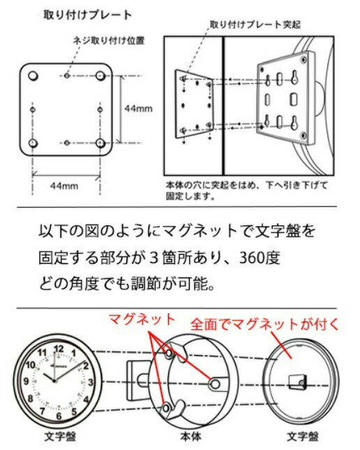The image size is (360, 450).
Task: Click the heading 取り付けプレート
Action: coord(87,15)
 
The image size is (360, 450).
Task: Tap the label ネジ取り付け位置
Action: coord(109,40)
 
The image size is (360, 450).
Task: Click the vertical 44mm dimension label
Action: coord(138,108)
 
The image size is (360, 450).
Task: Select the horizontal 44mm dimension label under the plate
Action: coord(64,186)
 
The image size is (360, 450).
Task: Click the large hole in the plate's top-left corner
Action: coord(33,76)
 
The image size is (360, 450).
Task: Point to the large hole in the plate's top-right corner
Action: coord(100,76)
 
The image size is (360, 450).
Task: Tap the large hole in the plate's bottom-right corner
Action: coord(100,142)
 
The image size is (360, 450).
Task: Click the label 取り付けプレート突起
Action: coord(255,24)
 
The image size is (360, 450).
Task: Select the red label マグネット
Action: coord(142,320)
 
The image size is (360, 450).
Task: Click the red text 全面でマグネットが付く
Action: coord(264,324)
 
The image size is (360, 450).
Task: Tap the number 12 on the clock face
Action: coord(59,349)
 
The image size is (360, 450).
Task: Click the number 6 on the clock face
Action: coord(59,416)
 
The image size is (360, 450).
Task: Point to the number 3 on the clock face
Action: coord(90,382)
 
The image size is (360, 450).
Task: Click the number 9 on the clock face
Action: coord(27,381)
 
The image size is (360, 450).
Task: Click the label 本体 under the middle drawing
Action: coord(190,437)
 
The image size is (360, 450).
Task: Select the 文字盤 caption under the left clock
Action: coord(60,437)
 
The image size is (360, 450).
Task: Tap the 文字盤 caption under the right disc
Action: coord(303,437)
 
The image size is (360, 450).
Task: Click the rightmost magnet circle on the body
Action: coord(215,384)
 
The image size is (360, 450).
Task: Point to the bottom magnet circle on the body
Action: coord(166,408)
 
